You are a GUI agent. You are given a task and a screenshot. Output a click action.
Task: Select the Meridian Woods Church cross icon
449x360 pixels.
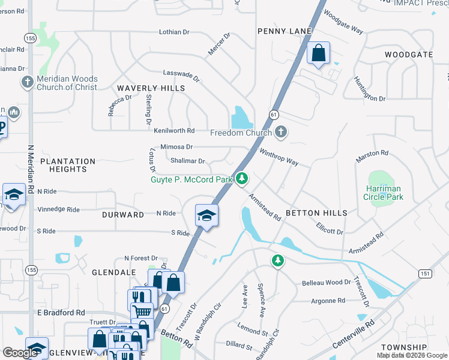click(26, 83)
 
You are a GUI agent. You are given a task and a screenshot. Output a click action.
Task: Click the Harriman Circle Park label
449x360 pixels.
click(384, 193)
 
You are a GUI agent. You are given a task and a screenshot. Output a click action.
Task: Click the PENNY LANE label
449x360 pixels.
click(284, 31)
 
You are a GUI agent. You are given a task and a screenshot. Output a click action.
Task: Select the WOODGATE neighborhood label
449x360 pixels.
click(409, 55)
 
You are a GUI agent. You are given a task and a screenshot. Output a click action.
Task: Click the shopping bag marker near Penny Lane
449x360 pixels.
click(318, 53)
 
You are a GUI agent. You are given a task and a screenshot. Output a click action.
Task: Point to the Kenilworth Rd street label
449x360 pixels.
click(174, 130)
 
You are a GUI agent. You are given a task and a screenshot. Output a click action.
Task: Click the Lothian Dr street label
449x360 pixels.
click(175, 32)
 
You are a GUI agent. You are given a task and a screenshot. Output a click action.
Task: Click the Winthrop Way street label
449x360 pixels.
click(279, 157)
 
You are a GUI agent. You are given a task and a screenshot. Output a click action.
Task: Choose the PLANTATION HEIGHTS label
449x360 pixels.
click(68, 165)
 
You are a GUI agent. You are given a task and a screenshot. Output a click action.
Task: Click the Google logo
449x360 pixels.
click(20, 353)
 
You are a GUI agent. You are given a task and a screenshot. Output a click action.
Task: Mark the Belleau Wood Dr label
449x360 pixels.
click(326, 282)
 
